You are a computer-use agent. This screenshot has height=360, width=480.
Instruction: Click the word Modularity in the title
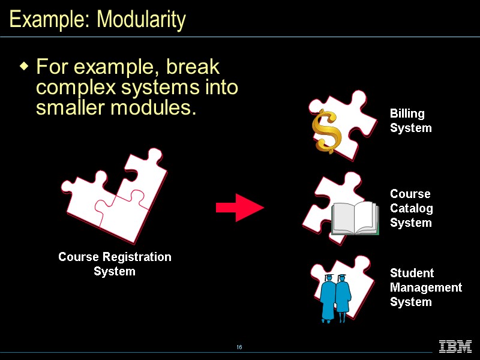[141, 20]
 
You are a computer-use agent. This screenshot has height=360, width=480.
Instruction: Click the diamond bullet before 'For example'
[24, 65]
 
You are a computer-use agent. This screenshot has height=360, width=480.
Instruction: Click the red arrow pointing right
[239, 208]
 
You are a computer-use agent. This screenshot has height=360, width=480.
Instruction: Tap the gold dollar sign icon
[326, 131]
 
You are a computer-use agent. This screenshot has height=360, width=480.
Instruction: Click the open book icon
[355, 218]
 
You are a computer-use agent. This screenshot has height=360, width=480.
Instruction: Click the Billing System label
[410, 121]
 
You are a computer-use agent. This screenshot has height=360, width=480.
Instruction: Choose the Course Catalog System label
[411, 208]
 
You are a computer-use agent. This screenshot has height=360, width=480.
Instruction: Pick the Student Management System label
[425, 287]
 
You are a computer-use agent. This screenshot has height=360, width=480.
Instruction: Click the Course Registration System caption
[115, 264]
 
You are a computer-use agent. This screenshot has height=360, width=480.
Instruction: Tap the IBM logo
[455, 347]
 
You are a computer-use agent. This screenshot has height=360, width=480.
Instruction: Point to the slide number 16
[239, 347]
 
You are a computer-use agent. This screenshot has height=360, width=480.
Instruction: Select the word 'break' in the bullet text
[193, 66]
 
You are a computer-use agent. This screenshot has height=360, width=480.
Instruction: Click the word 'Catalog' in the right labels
[411, 208]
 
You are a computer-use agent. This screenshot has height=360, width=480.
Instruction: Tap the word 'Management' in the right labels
[425, 287]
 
